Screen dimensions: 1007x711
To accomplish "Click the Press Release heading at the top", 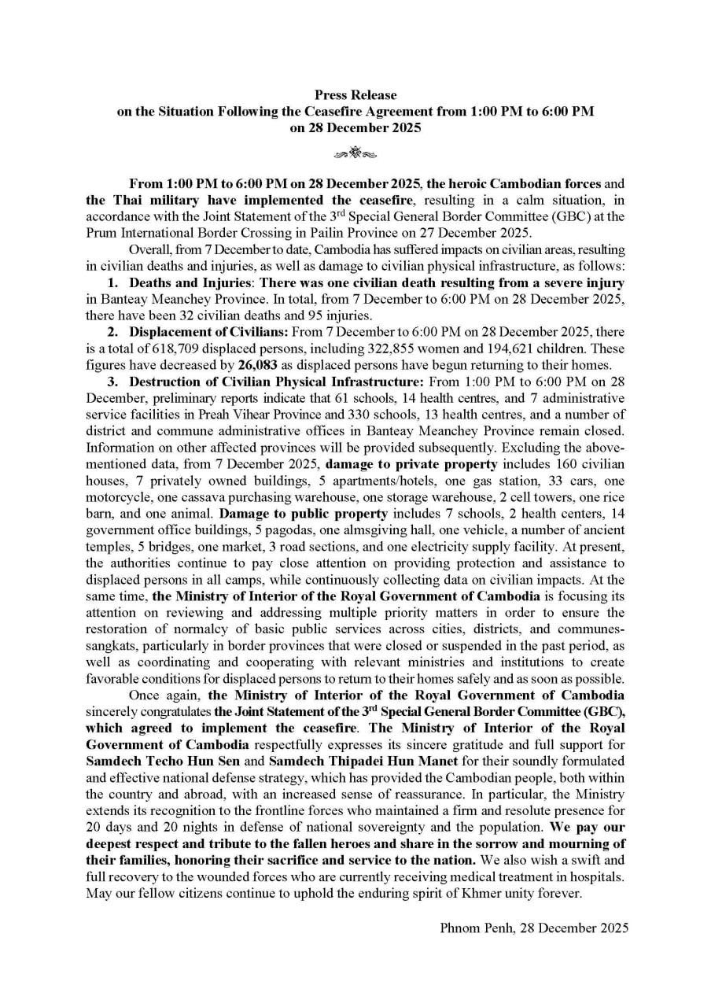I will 355,95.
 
